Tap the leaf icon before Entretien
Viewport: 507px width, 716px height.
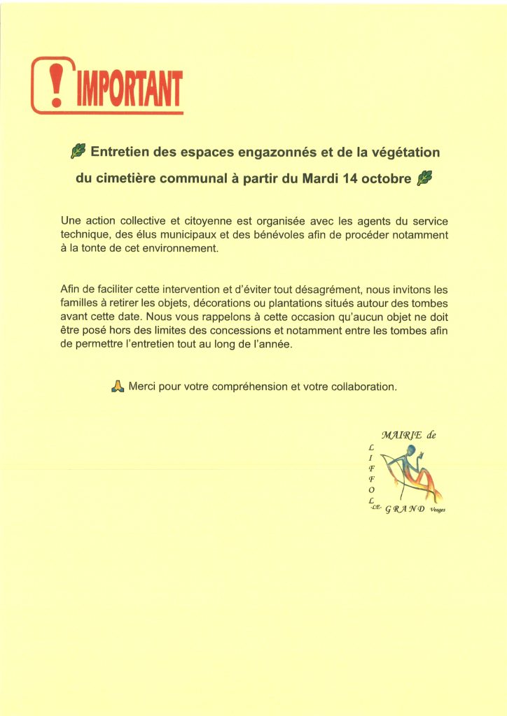point(79,151)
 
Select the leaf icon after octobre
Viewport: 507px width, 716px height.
point(424,179)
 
